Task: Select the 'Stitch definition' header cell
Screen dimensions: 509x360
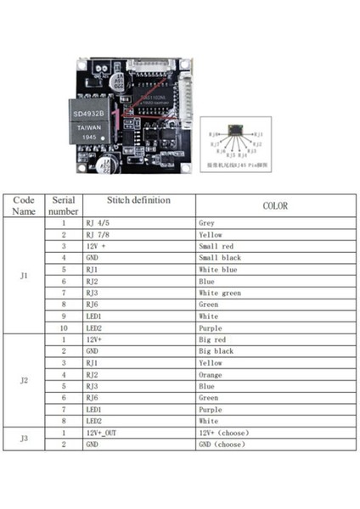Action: point(138,200)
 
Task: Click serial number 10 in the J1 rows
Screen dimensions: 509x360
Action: point(63,327)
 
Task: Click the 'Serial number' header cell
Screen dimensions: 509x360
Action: point(63,205)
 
